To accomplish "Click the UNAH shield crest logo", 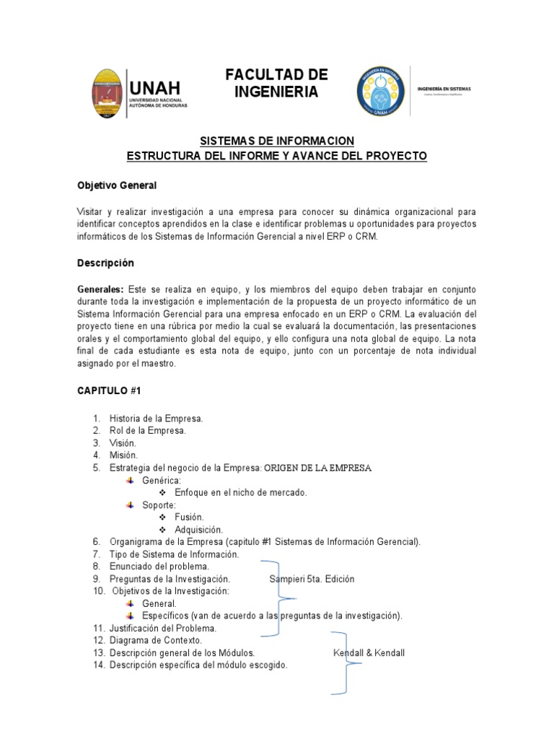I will [x=107, y=94].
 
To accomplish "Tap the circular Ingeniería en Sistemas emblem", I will [x=381, y=92].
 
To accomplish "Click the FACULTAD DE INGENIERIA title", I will [x=276, y=84].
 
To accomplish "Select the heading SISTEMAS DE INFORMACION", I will [x=276, y=141].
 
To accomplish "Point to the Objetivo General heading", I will [x=117, y=185].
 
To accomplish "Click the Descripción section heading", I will [x=105, y=263].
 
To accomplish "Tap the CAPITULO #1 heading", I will [x=109, y=390].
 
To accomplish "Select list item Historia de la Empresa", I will [x=156, y=419].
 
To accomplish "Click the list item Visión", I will [x=123, y=443].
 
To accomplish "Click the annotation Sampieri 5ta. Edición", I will [x=312, y=579].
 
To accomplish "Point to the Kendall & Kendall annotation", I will [x=369, y=653].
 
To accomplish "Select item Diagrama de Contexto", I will [x=156, y=640].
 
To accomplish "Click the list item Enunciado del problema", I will [x=158, y=567].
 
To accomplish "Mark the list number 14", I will [x=99, y=665].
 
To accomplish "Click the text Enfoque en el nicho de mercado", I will [x=236, y=492].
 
